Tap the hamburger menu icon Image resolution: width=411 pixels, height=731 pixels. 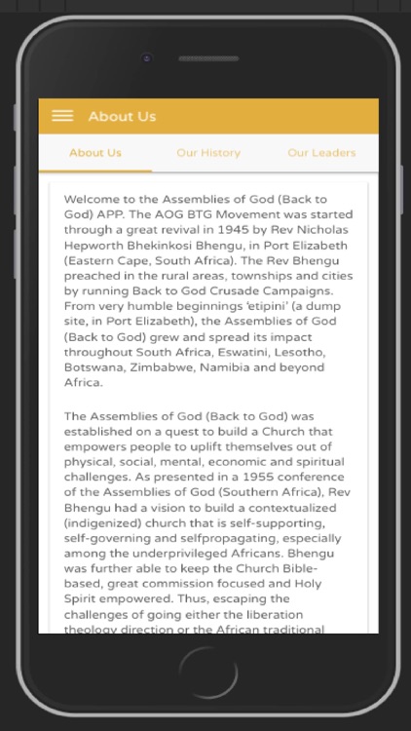[62, 116]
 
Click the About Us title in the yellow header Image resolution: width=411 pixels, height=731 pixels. [122, 117]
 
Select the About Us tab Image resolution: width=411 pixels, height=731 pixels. [95, 153]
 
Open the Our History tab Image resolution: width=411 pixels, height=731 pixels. [208, 153]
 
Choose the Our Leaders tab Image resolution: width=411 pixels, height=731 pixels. [321, 153]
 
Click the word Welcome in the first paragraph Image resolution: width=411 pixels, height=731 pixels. [93, 199]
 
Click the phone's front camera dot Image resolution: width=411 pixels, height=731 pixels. [147, 58]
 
